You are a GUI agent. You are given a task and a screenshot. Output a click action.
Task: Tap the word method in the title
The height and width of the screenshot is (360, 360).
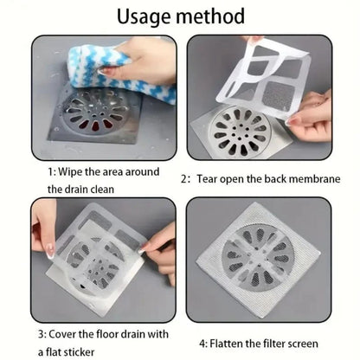point(210,16)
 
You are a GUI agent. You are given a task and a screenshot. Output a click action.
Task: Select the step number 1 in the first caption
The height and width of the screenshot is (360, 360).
point(51,172)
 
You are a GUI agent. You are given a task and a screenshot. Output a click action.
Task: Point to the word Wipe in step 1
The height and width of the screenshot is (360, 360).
point(70,172)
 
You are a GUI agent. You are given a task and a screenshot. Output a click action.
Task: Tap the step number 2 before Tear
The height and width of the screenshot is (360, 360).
point(184,179)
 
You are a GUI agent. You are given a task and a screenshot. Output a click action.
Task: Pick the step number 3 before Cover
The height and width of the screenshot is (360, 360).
point(42,335)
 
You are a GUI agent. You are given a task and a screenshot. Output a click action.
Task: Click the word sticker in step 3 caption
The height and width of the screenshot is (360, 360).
point(79,352)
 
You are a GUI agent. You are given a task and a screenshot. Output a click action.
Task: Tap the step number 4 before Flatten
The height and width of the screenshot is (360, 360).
point(202,344)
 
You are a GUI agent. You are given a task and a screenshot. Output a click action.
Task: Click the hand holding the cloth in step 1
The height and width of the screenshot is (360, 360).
point(145,62)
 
